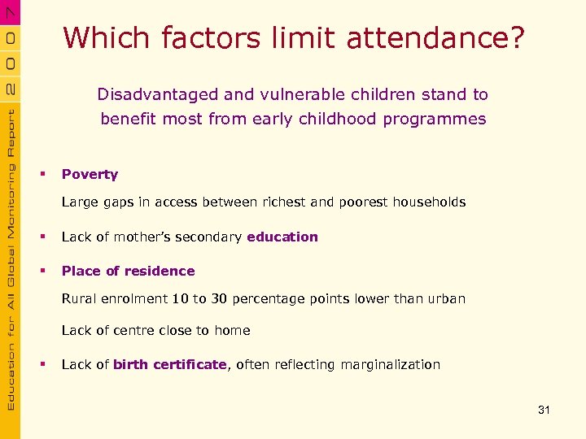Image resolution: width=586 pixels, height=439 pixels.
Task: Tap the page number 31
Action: (544, 410)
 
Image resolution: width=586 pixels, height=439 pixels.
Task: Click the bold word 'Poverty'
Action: (90, 174)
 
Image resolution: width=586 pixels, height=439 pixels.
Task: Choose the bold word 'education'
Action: (282, 237)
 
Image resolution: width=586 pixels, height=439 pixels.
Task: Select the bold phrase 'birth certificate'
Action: (169, 364)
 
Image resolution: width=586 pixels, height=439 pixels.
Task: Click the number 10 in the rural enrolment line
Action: (180, 298)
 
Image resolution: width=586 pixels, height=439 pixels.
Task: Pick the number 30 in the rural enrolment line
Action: (219, 298)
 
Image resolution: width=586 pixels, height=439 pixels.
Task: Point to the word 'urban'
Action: (446, 298)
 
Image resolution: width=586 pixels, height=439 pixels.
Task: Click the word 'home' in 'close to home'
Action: (233, 330)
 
